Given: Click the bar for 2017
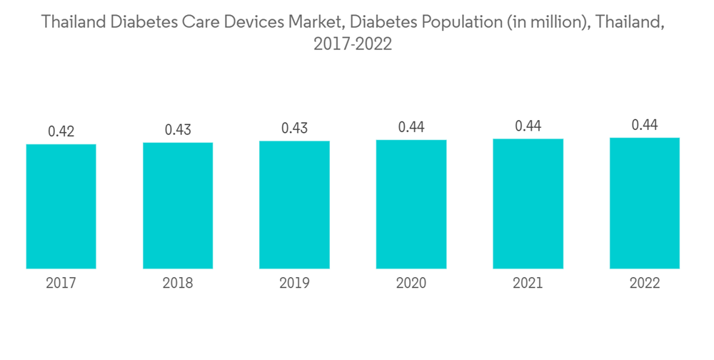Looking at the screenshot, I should (x=61, y=206).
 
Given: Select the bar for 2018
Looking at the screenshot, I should (x=178, y=206).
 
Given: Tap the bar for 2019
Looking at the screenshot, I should (x=294, y=205).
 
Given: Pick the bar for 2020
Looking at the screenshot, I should (x=411, y=204).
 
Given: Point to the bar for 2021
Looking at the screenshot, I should (x=528, y=204).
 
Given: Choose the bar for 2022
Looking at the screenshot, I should (x=645, y=203).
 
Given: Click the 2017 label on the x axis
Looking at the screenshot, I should (x=61, y=284).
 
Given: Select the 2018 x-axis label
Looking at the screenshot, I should (x=178, y=284).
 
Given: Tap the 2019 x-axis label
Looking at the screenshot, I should (x=294, y=284).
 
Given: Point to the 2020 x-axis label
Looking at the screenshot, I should (x=411, y=284).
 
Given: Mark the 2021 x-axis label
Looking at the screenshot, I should (x=528, y=284).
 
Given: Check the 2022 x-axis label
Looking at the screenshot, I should (x=645, y=284).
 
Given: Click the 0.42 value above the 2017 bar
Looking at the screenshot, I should (x=61, y=131).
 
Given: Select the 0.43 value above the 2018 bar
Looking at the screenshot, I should (x=178, y=130).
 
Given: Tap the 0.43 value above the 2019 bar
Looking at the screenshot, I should (x=294, y=129).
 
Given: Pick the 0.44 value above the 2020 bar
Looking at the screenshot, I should (x=411, y=127).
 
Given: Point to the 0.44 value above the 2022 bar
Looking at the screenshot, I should (x=645, y=125).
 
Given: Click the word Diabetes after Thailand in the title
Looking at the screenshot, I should (x=135, y=22).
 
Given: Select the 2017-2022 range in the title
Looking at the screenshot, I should (x=353, y=44).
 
